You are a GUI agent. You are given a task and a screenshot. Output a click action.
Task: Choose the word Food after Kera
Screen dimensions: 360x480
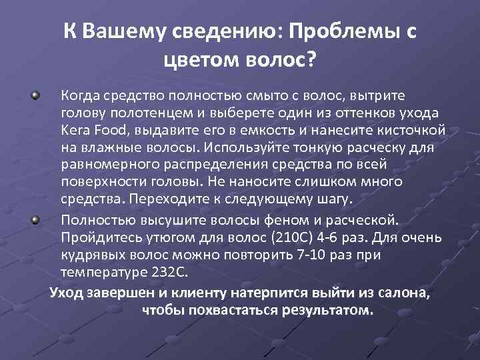pos(107,130)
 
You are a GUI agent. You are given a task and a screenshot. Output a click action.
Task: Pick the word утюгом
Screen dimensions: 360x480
pos(164,238)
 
